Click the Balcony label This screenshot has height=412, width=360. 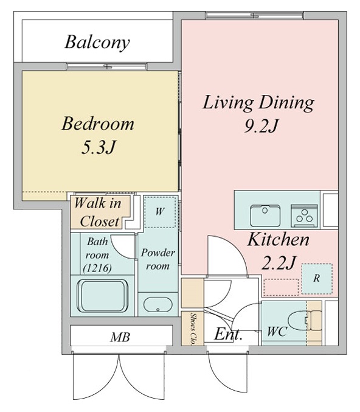(97, 43)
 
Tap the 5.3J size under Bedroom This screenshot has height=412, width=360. (98, 147)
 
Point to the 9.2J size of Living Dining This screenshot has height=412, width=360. (261, 127)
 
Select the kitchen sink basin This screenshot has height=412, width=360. (265, 215)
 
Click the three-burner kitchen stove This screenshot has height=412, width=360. (305, 215)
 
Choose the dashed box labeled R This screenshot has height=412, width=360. (317, 279)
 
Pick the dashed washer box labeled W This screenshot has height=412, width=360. (160, 212)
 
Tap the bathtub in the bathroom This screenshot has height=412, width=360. (102, 296)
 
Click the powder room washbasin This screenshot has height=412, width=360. (157, 305)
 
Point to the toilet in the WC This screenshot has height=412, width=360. (305, 321)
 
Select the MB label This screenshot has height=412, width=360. (120, 337)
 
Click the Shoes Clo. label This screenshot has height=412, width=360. (193, 329)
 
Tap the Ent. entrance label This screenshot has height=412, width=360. (228, 335)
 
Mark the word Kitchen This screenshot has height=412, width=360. (279, 240)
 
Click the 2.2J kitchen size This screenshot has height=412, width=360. (279, 263)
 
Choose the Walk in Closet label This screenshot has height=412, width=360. (99, 212)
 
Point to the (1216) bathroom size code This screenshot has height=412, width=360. (97, 268)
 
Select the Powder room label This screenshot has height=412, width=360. (158, 259)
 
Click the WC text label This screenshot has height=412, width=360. (277, 332)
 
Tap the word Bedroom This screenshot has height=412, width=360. (98, 124)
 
